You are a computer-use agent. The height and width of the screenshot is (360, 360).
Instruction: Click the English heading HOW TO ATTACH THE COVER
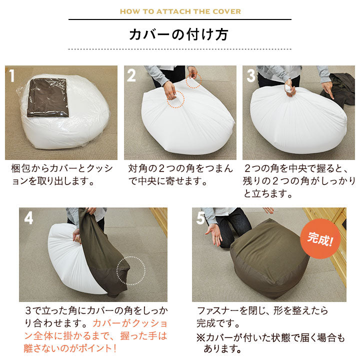coord(180,11)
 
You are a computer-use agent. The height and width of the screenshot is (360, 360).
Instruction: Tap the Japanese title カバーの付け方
coord(178,34)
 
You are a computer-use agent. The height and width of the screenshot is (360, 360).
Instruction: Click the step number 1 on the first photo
coord(11,75)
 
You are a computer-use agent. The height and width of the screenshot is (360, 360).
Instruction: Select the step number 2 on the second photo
coord(131,75)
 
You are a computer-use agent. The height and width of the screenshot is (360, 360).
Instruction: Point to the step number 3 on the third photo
coord(250,75)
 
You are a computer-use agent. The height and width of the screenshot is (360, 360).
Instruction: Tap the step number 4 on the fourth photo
coord(28,217)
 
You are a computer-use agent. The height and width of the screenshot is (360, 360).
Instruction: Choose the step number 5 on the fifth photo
coord(200,217)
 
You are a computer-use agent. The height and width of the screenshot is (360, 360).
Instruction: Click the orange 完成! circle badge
coord(320,239)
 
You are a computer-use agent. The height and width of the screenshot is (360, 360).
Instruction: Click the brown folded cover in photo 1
coord(48,97)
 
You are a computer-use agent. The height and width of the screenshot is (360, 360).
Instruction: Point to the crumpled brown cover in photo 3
coord(337,89)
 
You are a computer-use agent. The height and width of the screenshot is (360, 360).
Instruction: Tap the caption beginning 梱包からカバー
coord(62,174)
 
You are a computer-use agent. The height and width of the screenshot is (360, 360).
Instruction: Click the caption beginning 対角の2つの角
coord(180,174)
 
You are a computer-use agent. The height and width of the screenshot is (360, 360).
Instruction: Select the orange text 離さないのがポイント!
coord(70,348)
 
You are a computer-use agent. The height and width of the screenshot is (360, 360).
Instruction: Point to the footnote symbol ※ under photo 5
coord(201,337)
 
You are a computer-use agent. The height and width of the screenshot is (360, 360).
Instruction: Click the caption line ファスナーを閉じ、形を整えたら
coord(262,310)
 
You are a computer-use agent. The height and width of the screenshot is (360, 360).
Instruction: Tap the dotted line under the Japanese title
coord(180,49)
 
